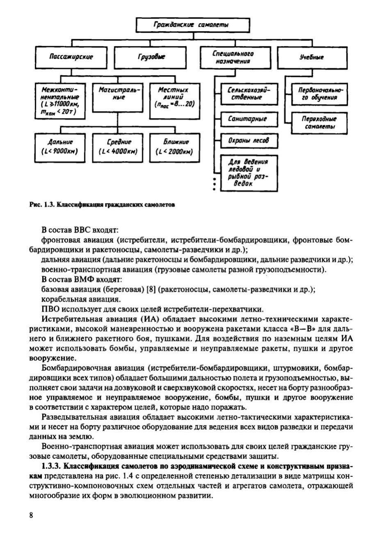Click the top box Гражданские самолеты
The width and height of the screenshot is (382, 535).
[193, 25]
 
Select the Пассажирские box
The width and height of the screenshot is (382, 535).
[71, 57]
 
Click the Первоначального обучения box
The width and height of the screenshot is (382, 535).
[320, 94]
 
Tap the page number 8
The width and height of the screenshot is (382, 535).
[31, 515]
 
